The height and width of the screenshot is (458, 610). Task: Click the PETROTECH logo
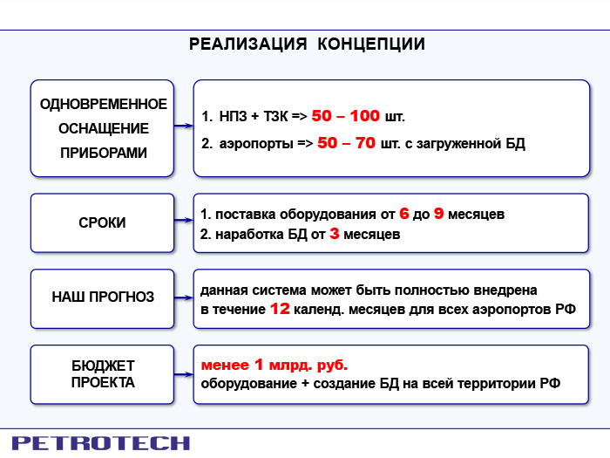101,443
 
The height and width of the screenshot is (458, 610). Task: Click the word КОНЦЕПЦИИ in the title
371,44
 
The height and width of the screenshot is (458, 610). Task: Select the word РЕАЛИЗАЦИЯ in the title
248,44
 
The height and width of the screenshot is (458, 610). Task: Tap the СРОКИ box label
102,222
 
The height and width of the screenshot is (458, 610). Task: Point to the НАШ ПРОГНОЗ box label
103,297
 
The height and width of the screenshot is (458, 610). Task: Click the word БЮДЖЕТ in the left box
103,366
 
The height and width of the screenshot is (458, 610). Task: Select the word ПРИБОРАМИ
104,153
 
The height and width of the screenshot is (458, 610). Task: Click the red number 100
364,116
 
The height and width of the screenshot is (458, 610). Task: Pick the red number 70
365,143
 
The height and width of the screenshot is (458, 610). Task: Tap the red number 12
280,309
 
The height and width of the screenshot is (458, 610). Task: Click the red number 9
438,214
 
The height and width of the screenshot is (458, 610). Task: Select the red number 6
404,214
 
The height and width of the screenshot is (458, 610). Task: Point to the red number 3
334,234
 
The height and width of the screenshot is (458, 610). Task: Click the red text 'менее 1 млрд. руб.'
274,365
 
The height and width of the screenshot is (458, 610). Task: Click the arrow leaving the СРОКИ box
184,221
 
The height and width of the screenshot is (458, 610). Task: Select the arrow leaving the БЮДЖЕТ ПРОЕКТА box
184,374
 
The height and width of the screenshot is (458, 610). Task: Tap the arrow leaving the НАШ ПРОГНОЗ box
184,298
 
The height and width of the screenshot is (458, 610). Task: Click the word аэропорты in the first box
256,144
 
